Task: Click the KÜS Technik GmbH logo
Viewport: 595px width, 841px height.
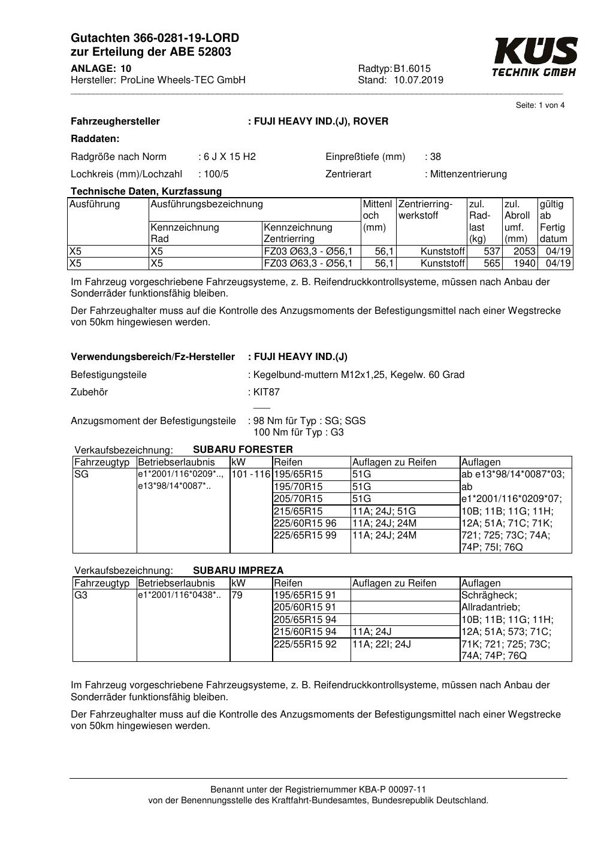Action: [534, 58]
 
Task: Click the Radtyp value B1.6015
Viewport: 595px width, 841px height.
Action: [412, 68]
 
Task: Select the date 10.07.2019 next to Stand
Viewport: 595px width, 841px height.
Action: [418, 80]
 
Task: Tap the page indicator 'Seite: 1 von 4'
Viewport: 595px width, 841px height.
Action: [540, 105]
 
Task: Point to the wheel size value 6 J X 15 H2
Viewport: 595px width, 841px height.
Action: [229, 157]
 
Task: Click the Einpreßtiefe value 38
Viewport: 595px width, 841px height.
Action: [435, 157]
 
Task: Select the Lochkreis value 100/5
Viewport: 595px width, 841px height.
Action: [216, 174]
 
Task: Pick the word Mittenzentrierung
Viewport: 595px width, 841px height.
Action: [468, 174]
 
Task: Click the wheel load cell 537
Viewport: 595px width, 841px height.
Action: [492, 252]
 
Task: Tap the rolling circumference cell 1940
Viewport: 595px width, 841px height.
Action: [524, 264]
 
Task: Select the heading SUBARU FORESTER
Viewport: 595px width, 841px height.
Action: [243, 449]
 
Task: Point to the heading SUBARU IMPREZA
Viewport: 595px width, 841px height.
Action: [238, 570]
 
